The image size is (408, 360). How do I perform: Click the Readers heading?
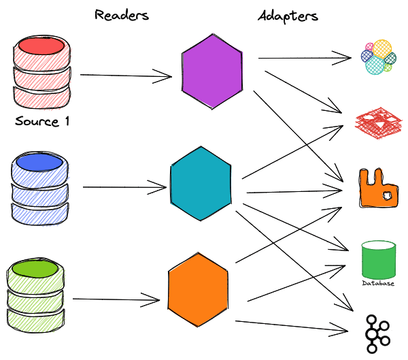122,14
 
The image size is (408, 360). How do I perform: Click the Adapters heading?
288,14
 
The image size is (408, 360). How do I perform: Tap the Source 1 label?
42,123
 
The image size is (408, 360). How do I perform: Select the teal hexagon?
201,182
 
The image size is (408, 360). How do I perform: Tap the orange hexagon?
198,291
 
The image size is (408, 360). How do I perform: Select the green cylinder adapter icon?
379,259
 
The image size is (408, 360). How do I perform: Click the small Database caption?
378,283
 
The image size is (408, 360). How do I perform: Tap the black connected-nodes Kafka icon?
378,332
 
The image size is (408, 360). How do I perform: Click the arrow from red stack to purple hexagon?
126,76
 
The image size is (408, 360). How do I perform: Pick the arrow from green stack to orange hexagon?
116,298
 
